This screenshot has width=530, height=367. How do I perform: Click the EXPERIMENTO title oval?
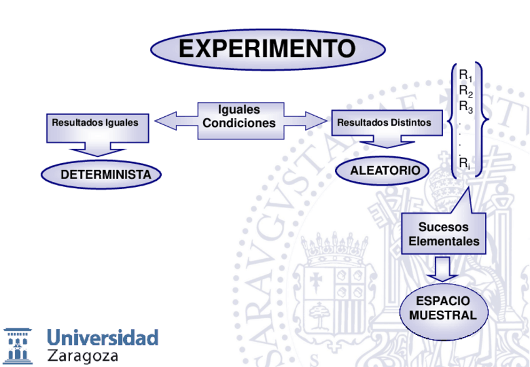[267, 49]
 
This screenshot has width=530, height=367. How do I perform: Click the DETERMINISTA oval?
[101, 174]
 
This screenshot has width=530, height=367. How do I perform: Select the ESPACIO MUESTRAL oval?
[443, 308]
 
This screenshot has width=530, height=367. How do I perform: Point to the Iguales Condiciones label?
[239, 117]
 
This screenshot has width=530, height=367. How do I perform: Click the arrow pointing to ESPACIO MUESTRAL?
[443, 270]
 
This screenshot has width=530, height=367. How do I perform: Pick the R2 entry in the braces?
[466, 91]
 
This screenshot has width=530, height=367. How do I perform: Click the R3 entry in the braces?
[466, 107]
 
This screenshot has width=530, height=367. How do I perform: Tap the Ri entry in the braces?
[464, 164]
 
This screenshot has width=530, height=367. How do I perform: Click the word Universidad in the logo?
[102, 338]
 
